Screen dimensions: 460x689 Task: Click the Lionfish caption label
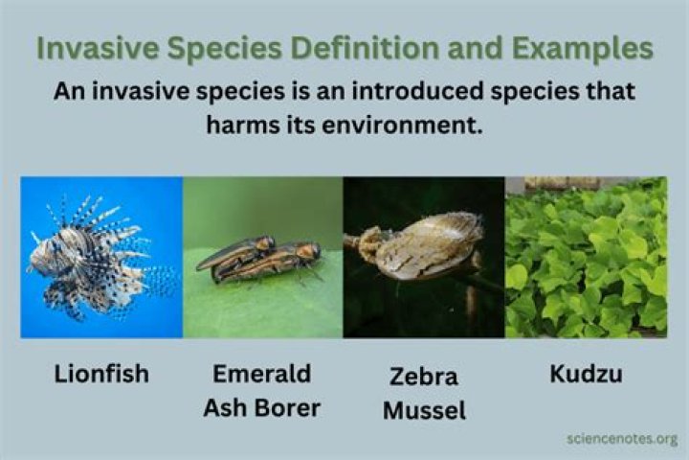pyautogui.click(x=100, y=374)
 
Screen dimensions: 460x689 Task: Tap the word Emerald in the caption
pyautogui.click(x=261, y=374)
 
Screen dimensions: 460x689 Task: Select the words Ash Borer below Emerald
pyautogui.click(x=261, y=407)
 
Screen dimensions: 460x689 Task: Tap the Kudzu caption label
pyautogui.click(x=586, y=374)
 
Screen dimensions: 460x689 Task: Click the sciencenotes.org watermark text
pyautogui.click(x=621, y=439)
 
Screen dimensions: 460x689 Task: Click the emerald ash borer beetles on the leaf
pyautogui.click(x=258, y=259)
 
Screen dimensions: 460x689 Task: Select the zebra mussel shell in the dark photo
pyautogui.click(x=431, y=244)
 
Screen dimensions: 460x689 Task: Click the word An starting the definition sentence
pyautogui.click(x=69, y=93)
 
